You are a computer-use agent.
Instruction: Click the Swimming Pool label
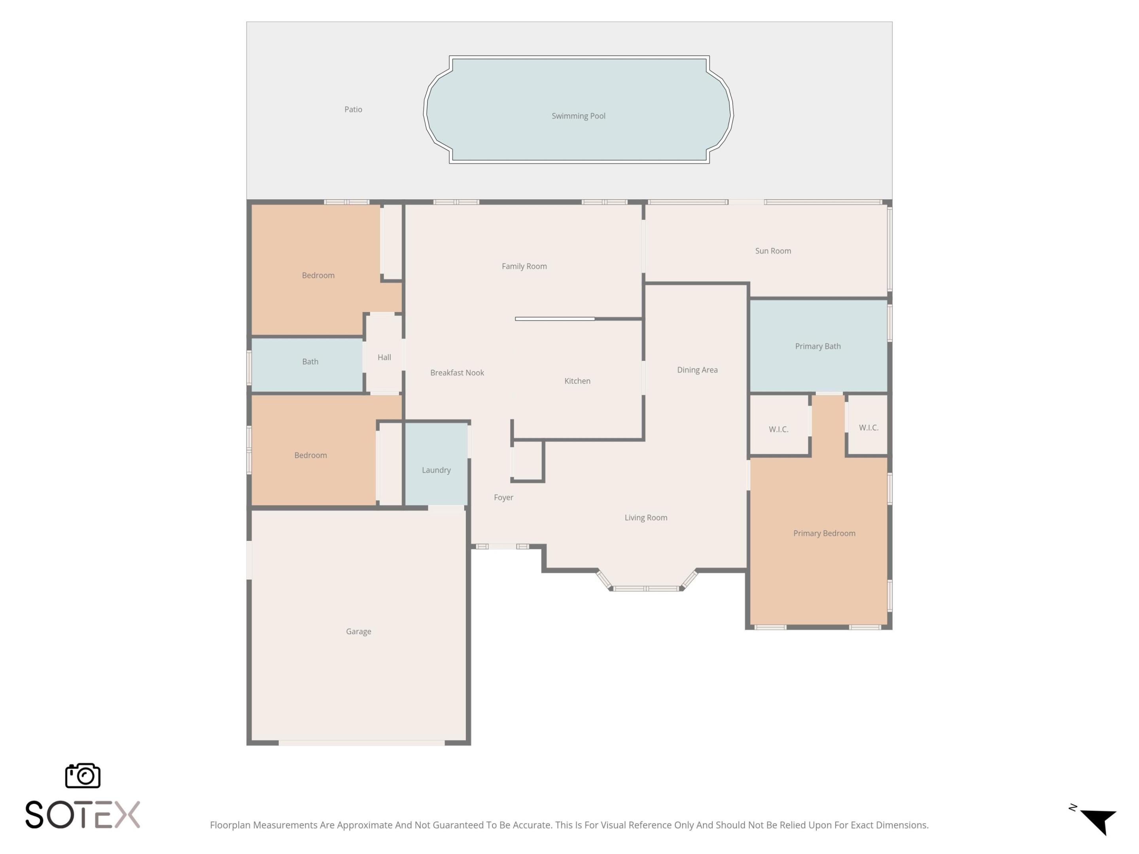[578, 116]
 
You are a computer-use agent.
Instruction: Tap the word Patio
[353, 109]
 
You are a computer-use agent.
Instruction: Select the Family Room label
[524, 266]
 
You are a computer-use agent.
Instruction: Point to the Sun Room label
[773, 251]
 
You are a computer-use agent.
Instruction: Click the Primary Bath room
[818, 346]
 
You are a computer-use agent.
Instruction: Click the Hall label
[384, 357]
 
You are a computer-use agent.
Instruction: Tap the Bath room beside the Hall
[310, 361]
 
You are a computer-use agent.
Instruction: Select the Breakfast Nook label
[457, 373]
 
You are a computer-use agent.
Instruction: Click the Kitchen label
[577, 381]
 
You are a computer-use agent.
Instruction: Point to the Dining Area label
[697, 370]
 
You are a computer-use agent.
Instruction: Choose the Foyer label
[503, 497]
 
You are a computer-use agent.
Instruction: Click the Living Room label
[646, 517]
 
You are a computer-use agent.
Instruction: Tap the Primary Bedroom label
[824, 533]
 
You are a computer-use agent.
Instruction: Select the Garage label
[358, 631]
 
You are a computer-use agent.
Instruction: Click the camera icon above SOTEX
[82, 775]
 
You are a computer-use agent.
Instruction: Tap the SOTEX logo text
[82, 815]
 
